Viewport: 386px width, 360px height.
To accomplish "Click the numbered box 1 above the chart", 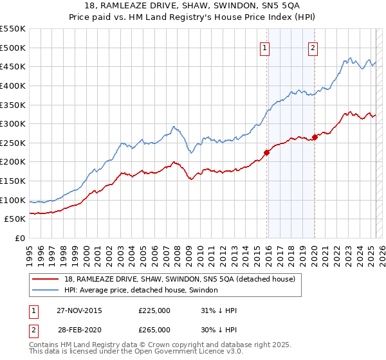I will (x=265, y=47).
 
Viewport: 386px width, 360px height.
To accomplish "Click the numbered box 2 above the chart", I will (x=313, y=47).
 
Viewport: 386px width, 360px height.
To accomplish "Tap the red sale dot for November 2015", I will (x=266, y=152).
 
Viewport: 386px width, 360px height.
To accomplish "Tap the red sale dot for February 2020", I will (x=315, y=137).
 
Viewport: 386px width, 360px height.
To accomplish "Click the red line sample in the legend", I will (x=46, y=279).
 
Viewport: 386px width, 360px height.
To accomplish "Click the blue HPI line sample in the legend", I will (x=46, y=291).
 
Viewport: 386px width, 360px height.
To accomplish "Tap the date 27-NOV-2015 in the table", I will (x=79, y=310).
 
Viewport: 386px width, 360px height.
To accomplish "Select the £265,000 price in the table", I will (x=154, y=330).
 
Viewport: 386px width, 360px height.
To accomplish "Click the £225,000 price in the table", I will (x=154, y=310).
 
